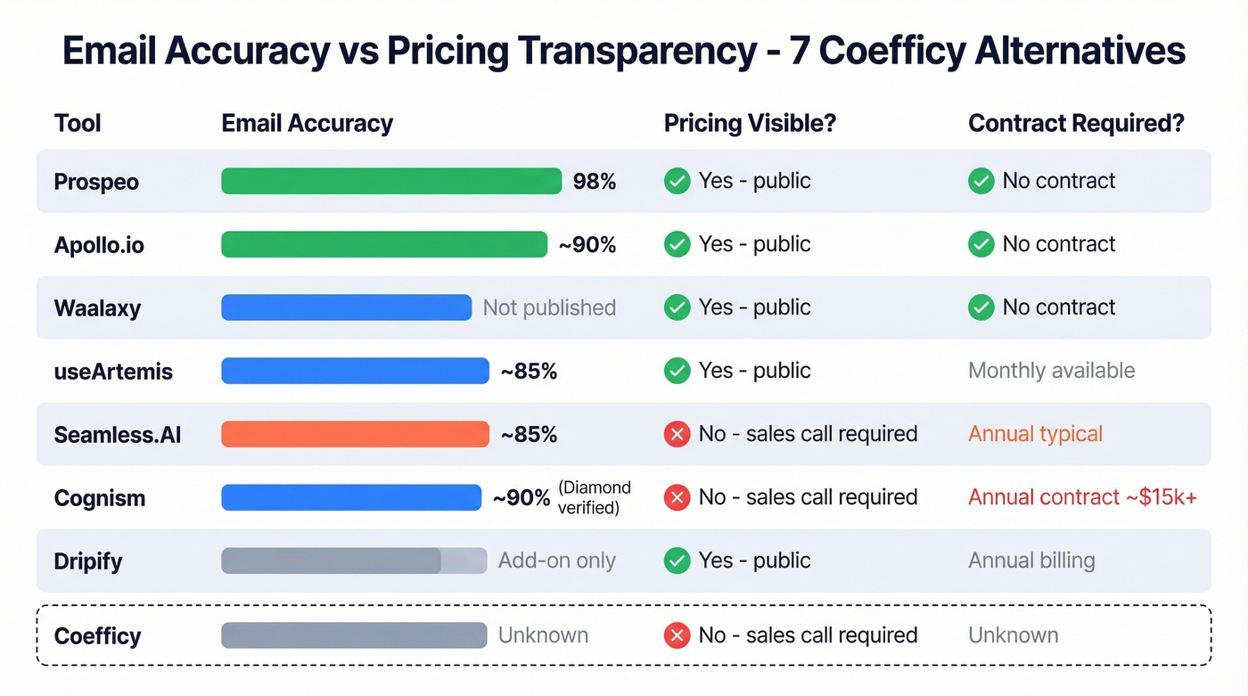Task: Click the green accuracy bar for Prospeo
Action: coord(391,181)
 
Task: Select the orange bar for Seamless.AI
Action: coord(355,434)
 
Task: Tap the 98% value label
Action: coord(594,182)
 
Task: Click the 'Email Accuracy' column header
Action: coord(307,123)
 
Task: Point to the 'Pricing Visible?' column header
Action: coord(750,123)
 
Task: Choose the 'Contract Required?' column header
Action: coord(1076,123)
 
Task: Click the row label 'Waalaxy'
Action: coord(97,308)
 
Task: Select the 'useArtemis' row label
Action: coord(113,372)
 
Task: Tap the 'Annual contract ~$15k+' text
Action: coord(1082,497)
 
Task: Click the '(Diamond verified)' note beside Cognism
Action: coord(595,497)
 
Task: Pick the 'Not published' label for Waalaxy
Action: coord(549,308)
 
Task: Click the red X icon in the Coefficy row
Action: coord(677,635)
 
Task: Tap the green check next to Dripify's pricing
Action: coord(677,561)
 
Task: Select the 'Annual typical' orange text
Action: coord(1035,434)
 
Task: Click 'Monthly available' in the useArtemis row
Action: coord(1051,371)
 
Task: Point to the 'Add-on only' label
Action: coord(557,561)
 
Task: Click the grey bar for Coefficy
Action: coord(354,635)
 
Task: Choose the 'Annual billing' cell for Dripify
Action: coord(1031,561)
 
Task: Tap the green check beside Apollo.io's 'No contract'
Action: coord(981,244)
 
